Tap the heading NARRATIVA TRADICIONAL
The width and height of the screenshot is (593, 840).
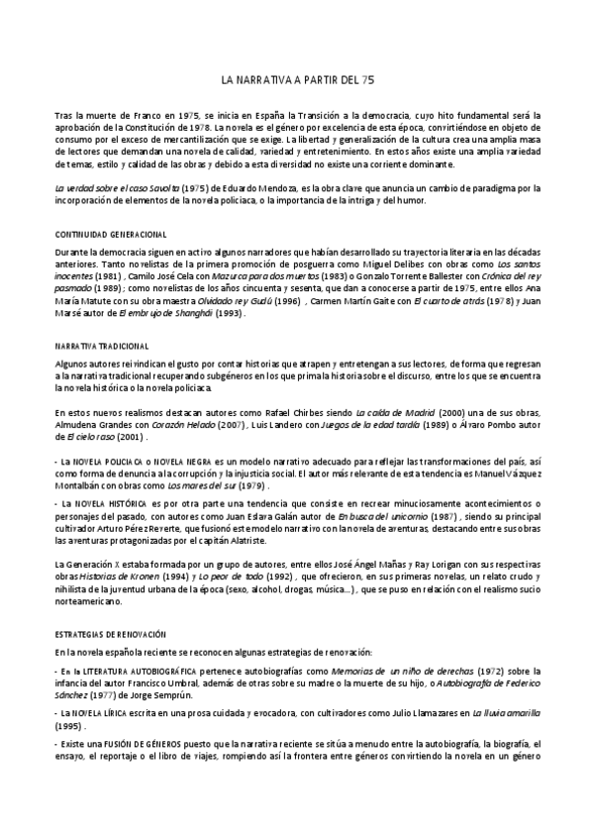click(x=102, y=346)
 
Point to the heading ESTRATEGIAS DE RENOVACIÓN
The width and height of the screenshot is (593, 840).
click(x=110, y=632)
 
